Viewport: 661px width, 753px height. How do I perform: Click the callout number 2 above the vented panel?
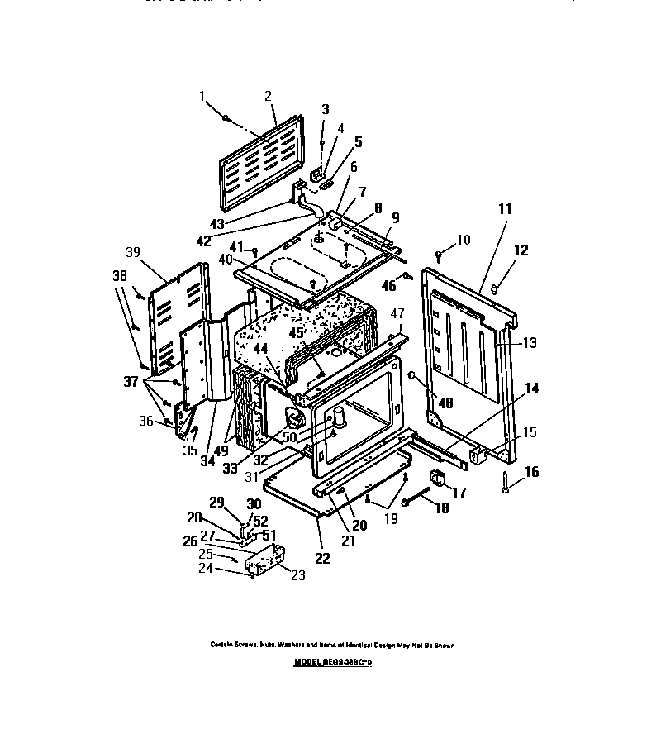(x=268, y=96)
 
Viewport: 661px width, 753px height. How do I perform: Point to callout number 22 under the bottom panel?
(x=321, y=558)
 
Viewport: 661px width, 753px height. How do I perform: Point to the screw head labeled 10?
(x=439, y=255)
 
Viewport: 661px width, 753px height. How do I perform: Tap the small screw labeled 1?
(x=225, y=119)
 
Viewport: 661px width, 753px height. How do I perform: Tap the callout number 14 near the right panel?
(x=530, y=387)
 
